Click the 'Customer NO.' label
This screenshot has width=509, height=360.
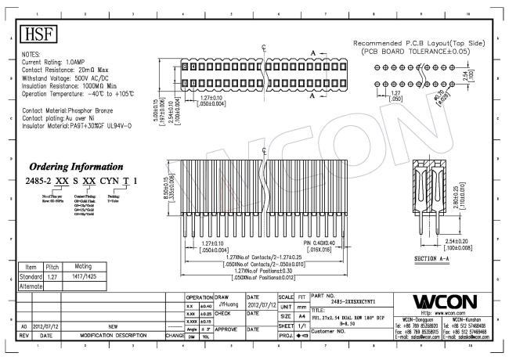333,331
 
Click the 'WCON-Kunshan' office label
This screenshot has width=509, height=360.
470,320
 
